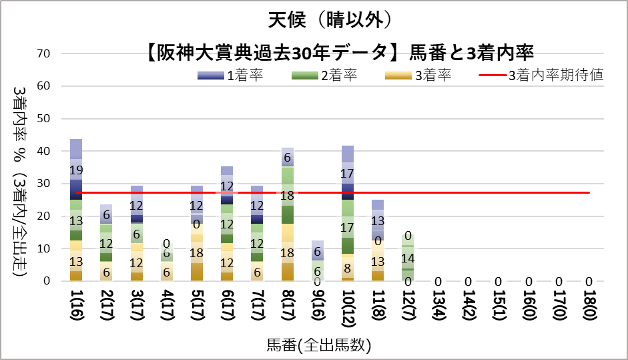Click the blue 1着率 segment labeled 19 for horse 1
pyautogui.click(x=76, y=169)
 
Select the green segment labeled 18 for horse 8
pyautogui.click(x=287, y=195)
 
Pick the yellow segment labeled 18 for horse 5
pyautogui.click(x=196, y=253)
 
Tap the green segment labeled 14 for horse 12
pyautogui.click(x=407, y=258)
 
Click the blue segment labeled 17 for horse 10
pyautogui.click(x=348, y=173)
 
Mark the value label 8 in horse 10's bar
pyautogui.click(x=348, y=268)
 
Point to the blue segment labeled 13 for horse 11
pyautogui.click(x=378, y=220)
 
